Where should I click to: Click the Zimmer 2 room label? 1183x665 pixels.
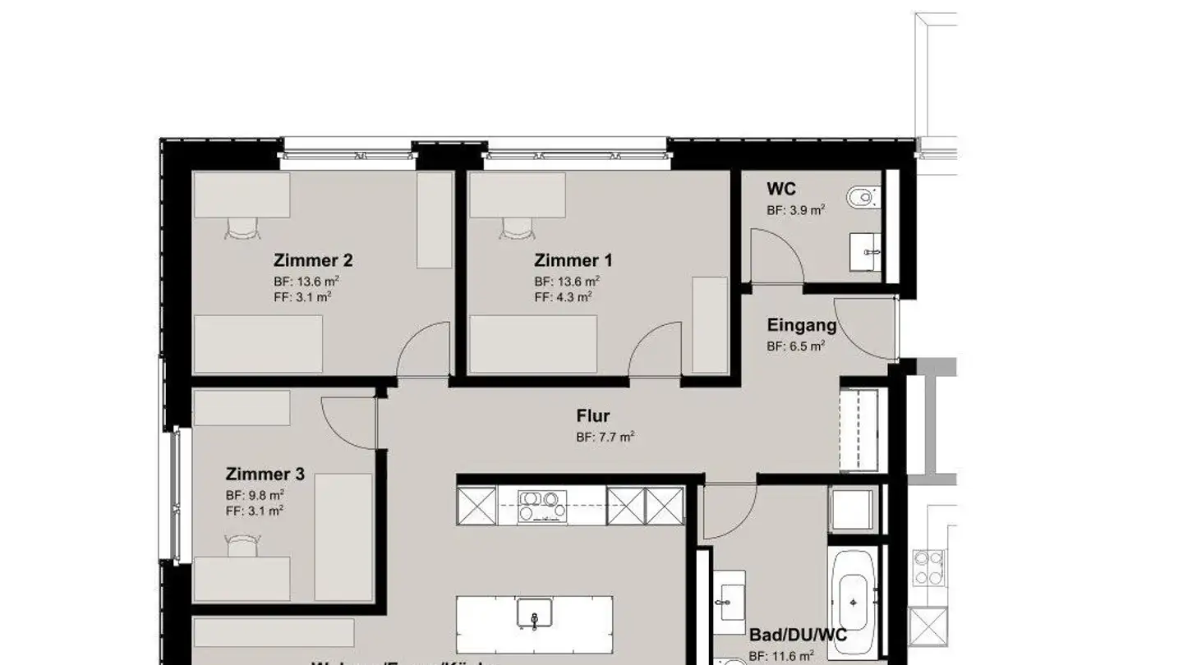click(313, 261)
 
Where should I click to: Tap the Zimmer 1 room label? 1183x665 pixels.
click(573, 261)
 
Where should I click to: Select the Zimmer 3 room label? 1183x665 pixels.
click(265, 475)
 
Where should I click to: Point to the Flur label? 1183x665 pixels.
click(592, 416)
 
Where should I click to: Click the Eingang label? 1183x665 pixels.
click(801, 325)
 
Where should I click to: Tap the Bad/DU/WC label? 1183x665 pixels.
click(798, 635)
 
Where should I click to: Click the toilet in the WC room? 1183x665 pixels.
click(863, 197)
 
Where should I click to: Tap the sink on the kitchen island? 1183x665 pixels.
click(534, 615)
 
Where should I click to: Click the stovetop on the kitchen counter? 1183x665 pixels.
click(541, 506)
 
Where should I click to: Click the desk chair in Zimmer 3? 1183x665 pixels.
click(242, 545)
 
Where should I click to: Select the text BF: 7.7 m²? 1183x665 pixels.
click(605, 438)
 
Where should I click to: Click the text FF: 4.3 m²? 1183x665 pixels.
click(563, 297)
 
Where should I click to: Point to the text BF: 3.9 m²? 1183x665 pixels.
click(795, 210)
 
